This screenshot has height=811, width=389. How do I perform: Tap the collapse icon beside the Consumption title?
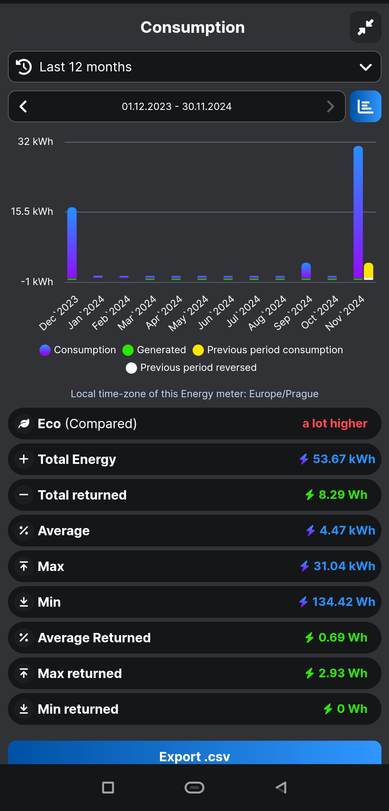click(x=365, y=27)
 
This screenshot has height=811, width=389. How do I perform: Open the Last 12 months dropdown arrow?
click(x=365, y=67)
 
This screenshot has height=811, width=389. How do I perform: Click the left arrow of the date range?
click(x=23, y=106)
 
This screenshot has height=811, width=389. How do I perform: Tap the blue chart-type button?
click(x=365, y=106)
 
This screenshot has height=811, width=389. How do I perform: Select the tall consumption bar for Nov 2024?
click(x=358, y=213)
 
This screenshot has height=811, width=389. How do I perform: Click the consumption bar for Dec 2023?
click(x=72, y=243)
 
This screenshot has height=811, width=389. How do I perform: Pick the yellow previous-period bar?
click(x=368, y=271)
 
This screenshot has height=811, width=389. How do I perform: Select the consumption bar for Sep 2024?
click(x=306, y=271)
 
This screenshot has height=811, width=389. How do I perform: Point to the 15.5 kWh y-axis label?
click(x=32, y=212)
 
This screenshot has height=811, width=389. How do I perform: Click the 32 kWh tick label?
click(x=35, y=142)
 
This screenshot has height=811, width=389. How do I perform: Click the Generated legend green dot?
click(x=128, y=350)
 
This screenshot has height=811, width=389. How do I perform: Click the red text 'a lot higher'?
click(x=335, y=424)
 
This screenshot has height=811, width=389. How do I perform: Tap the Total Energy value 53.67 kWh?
click(x=344, y=459)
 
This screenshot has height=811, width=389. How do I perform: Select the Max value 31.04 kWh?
click(x=344, y=566)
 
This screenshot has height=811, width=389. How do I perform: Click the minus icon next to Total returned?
click(x=24, y=495)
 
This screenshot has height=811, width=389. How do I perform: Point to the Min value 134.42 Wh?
click(x=343, y=602)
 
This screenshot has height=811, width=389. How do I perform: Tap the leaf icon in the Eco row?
click(x=24, y=424)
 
